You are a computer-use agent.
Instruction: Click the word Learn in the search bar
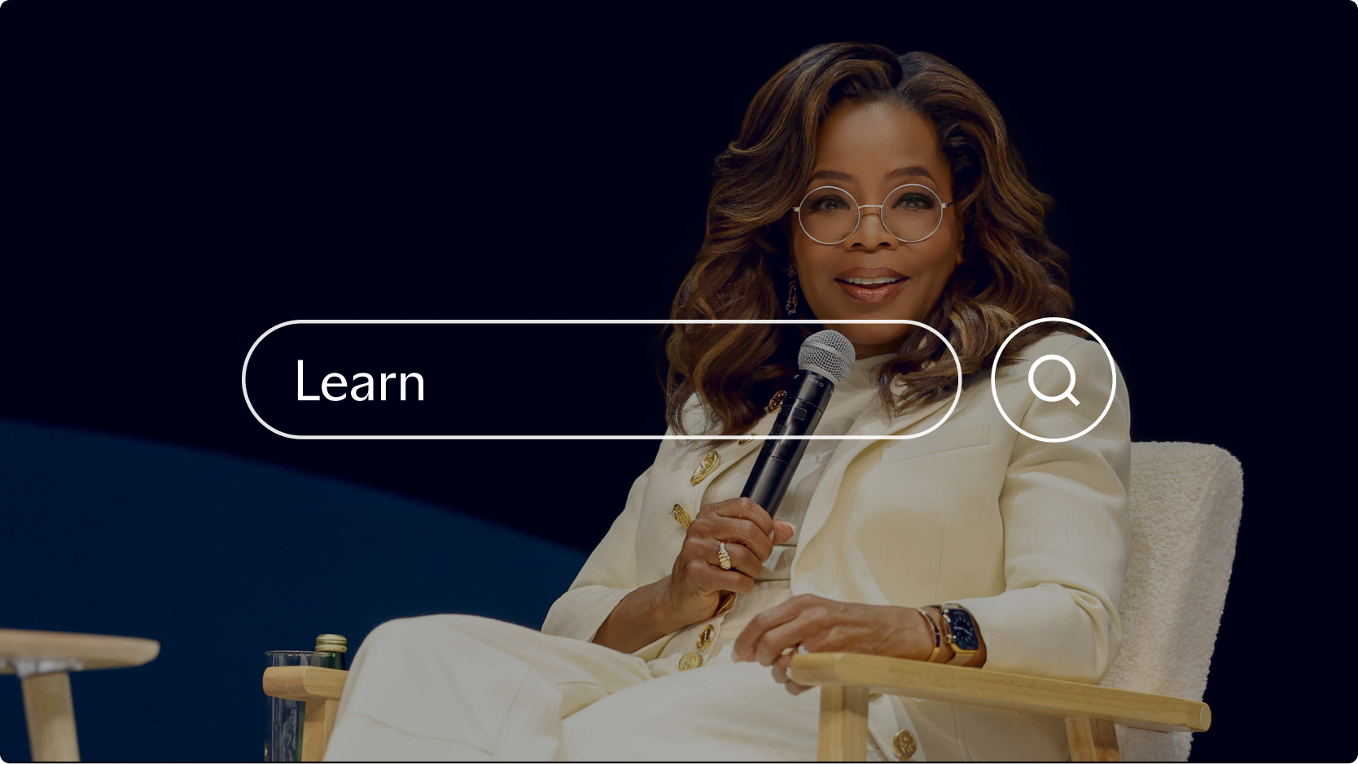point(360,381)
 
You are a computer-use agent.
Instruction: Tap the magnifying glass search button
point(1053,380)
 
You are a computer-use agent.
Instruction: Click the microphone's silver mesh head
point(826,356)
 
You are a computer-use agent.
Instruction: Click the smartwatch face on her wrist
point(962,631)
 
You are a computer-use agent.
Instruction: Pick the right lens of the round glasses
point(912,212)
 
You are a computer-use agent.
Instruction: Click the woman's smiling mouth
point(870,285)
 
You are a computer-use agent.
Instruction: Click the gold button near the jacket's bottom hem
point(904,744)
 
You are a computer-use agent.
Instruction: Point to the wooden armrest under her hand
point(1001,691)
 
